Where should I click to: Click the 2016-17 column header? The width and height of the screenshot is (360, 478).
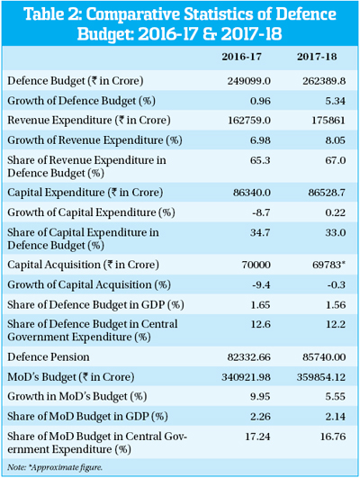pos(241,57)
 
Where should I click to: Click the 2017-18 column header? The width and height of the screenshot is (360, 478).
pos(317,57)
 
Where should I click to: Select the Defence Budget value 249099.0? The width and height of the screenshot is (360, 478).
pos(248,81)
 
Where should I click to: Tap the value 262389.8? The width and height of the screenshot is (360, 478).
pos(324,81)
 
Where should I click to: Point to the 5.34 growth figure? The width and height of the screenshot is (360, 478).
pos(336,101)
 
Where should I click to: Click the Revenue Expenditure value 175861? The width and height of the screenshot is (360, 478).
pos(328,121)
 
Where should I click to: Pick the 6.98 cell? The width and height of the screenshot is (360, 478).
pos(260,140)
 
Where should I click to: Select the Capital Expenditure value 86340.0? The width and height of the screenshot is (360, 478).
pos(252,193)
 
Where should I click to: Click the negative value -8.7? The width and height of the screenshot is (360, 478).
pos(261,212)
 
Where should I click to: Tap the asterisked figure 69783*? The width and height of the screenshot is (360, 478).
pos(328,265)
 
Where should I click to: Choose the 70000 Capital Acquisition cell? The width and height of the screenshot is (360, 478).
pos(256,265)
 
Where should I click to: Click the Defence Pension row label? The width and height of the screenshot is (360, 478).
pos(49,357)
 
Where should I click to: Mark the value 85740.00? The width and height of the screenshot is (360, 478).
pos(324,357)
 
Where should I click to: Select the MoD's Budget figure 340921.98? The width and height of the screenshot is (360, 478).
pos(246,377)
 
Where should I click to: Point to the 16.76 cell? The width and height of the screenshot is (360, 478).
pos(333,437)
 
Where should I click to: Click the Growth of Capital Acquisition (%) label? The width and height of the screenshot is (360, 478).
pos(89,284)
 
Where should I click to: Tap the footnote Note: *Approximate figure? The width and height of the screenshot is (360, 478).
pos(55,467)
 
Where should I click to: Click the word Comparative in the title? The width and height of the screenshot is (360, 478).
pos(134,14)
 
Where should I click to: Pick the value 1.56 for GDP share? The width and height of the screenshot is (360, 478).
pos(336,305)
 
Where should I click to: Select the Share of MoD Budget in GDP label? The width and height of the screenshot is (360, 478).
pos(87,417)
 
